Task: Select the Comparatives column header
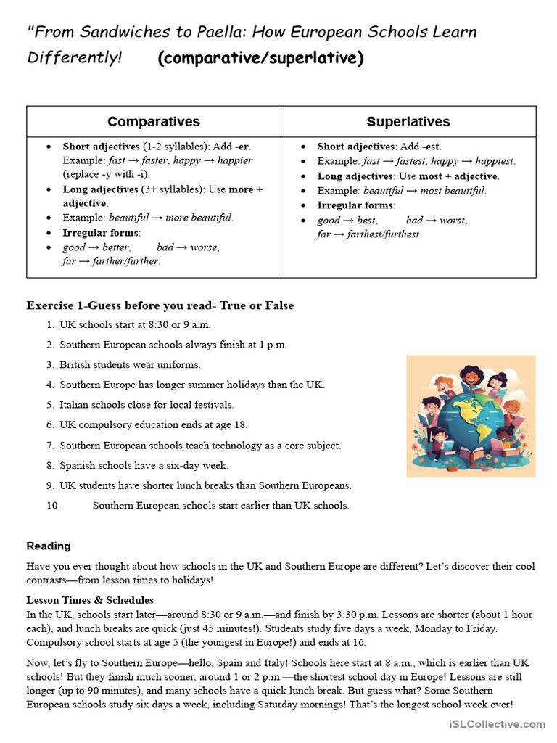click(x=154, y=121)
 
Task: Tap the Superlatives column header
click(x=408, y=121)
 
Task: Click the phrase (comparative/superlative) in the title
click(x=260, y=58)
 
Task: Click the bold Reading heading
click(x=49, y=546)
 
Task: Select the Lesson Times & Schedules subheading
click(x=90, y=600)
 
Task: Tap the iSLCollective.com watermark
click(x=497, y=723)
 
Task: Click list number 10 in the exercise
click(x=53, y=505)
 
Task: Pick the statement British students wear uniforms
click(x=130, y=364)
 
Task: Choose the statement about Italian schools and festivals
click(x=147, y=404)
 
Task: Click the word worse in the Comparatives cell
click(x=204, y=247)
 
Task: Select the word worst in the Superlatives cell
click(x=453, y=220)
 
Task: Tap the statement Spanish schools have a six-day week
click(x=144, y=465)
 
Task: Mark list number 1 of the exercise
click(x=50, y=324)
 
